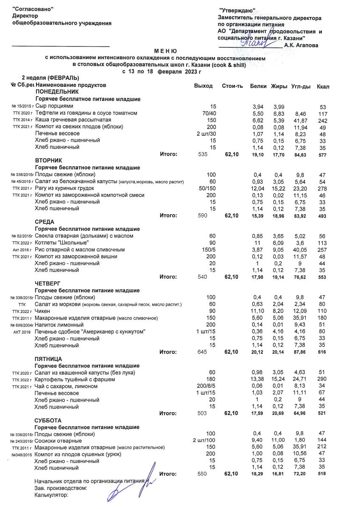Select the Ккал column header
click(323, 87)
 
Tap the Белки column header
click(258, 86)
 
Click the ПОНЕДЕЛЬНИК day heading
click(57, 92)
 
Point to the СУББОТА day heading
click(49, 420)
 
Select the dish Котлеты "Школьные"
click(62, 243)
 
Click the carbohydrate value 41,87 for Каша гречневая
click(301, 120)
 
